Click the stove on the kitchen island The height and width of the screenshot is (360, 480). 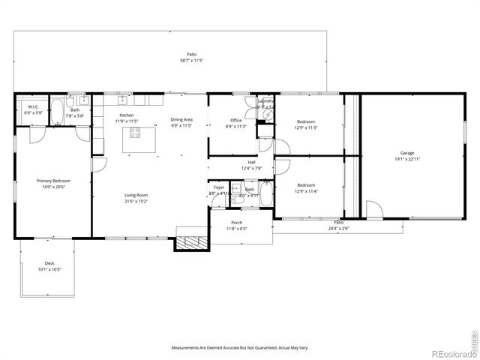[135, 133]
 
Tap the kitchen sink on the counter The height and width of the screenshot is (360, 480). [121, 99]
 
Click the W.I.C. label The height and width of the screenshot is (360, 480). [34, 106]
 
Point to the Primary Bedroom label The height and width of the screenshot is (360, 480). [54, 181]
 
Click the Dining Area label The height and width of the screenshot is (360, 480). [181, 119]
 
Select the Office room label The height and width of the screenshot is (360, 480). [235, 120]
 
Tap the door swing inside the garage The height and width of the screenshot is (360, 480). [375, 210]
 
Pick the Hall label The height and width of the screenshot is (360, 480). [252, 162]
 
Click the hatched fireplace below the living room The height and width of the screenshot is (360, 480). [184, 242]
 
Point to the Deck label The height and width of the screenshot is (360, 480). [49, 263]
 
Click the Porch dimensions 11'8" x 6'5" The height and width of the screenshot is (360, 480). [237, 229]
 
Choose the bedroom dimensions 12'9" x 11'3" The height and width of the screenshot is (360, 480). [306, 127]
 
